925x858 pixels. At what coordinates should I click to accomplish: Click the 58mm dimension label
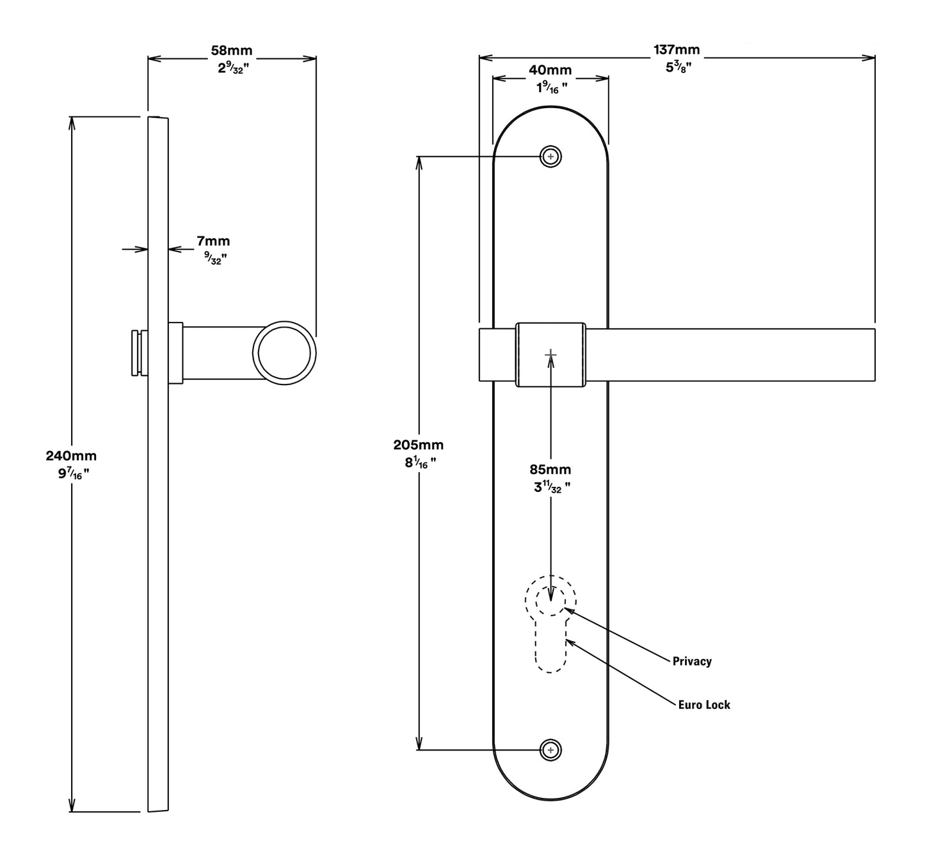pos(232,50)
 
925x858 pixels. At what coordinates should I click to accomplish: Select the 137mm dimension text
pos(676,49)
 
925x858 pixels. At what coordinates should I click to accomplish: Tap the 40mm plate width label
pos(550,70)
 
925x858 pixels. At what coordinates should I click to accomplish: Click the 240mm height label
pos(71,456)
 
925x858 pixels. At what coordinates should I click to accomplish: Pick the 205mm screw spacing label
pos(418,445)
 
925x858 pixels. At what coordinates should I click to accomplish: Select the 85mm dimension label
pos(550,470)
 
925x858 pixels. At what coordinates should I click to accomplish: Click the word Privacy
pos(692,661)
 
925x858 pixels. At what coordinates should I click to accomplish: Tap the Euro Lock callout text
pos(704,704)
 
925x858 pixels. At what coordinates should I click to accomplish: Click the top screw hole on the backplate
pos(551,156)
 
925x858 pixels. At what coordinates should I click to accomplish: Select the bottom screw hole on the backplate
pos(551,750)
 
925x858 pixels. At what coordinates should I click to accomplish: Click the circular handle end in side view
pos(284,353)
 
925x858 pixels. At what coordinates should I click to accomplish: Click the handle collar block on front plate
pos(551,354)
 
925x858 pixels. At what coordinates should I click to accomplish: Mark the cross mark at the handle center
pos(551,354)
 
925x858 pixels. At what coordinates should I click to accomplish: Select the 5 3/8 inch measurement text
pos(676,67)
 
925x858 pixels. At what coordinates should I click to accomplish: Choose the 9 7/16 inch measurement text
pos(71,473)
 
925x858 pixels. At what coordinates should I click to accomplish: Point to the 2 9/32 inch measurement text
pos(232,67)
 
